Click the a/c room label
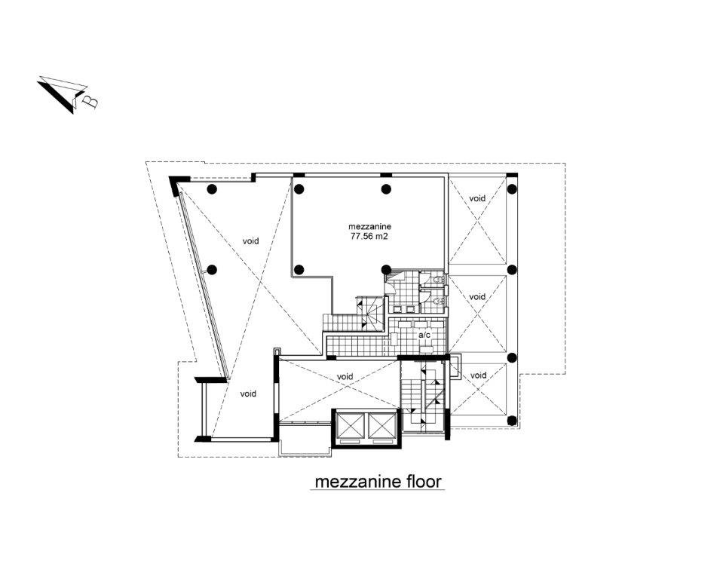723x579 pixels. pos(424,335)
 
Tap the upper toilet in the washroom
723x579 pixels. pos(438,280)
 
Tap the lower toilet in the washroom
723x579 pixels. pos(438,301)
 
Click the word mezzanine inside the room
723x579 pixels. pos(370,226)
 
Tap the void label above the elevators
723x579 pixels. pos(345,377)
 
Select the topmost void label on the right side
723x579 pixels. pos(477,198)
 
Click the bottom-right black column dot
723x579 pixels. pos(511,420)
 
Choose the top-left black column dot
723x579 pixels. pos(212,188)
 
